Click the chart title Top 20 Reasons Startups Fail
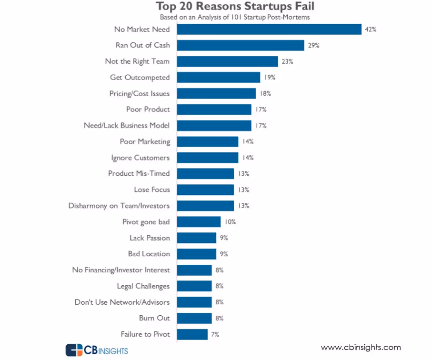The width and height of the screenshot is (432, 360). point(235,7)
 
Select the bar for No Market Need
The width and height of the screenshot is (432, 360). point(269,29)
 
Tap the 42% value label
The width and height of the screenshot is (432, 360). point(371,29)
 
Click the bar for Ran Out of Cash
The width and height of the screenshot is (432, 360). point(241,45)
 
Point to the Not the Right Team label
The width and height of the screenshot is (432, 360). point(137,61)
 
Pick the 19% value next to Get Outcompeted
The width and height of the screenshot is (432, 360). point(270,77)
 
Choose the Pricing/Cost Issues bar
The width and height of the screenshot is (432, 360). point(216,93)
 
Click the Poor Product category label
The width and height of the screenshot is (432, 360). point(148,110)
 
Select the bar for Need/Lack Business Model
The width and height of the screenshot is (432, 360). point(214,126)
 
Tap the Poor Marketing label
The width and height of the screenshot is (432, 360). point(144,141)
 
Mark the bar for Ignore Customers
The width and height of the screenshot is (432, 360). point(208,158)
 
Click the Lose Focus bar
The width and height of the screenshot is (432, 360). point(205,190)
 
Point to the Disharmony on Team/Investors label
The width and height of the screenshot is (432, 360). point(119,206)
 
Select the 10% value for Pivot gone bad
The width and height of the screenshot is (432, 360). point(231,222)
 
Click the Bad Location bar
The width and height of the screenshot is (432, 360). point(197,254)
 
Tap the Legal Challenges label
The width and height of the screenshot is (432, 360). point(143,286)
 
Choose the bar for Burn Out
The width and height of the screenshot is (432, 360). point(194,318)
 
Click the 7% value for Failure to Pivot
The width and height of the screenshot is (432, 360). point(215,334)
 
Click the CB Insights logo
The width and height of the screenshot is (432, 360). point(97,350)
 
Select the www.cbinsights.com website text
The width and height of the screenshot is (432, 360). point(361,348)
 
